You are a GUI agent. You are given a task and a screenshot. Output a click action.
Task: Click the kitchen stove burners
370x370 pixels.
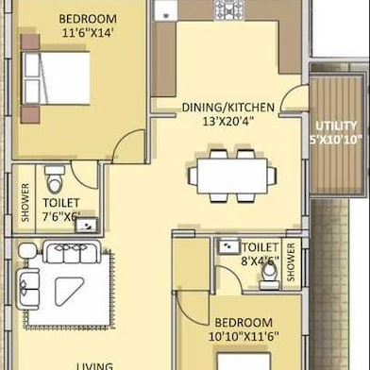(x=229, y=10)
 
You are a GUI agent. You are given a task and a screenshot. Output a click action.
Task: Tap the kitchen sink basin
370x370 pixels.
(x=166, y=10)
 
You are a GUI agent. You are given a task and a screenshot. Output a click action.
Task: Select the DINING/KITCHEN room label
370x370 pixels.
(x=228, y=108)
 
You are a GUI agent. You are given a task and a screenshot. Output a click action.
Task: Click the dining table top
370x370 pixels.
(x=232, y=177)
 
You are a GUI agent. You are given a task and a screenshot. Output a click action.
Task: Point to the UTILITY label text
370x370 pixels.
(x=336, y=126)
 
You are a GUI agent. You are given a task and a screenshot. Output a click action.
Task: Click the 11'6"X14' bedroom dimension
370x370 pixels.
(x=88, y=33)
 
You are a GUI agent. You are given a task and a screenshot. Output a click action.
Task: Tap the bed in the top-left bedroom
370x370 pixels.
(x=56, y=78)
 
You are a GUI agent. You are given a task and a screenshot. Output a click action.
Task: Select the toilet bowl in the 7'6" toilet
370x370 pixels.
(x=55, y=180)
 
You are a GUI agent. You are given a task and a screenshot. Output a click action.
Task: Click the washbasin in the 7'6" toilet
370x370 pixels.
(x=87, y=225)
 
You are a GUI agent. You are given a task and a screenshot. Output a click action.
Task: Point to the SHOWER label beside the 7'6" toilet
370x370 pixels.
(x=25, y=202)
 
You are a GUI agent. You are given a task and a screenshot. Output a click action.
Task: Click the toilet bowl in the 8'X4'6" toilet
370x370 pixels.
(x=270, y=276)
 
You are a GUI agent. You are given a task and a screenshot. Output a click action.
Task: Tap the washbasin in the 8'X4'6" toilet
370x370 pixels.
(x=228, y=246)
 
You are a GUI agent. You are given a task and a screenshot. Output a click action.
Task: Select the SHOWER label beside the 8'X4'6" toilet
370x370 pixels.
(x=291, y=261)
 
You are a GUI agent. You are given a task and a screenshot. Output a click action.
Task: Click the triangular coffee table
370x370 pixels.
(x=68, y=290)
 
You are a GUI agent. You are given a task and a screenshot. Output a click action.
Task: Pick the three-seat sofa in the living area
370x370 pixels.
(x=72, y=252)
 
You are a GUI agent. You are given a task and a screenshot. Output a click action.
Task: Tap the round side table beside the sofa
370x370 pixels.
(x=27, y=251)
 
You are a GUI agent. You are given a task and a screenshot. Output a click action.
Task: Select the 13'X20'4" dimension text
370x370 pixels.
(x=227, y=122)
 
